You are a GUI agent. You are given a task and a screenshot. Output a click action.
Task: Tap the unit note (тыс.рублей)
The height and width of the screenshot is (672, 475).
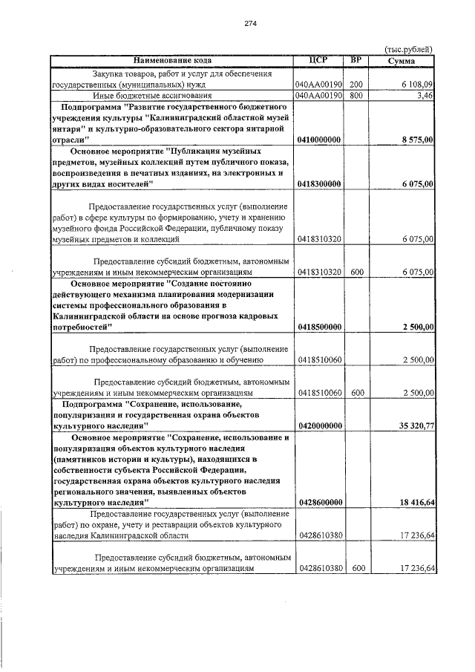click(408, 50)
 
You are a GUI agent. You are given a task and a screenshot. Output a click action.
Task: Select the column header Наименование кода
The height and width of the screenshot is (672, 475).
click(173, 60)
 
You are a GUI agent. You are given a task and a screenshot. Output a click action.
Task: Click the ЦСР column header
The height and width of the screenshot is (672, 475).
click(318, 60)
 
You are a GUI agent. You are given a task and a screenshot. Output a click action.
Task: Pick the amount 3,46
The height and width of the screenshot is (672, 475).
click(425, 96)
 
